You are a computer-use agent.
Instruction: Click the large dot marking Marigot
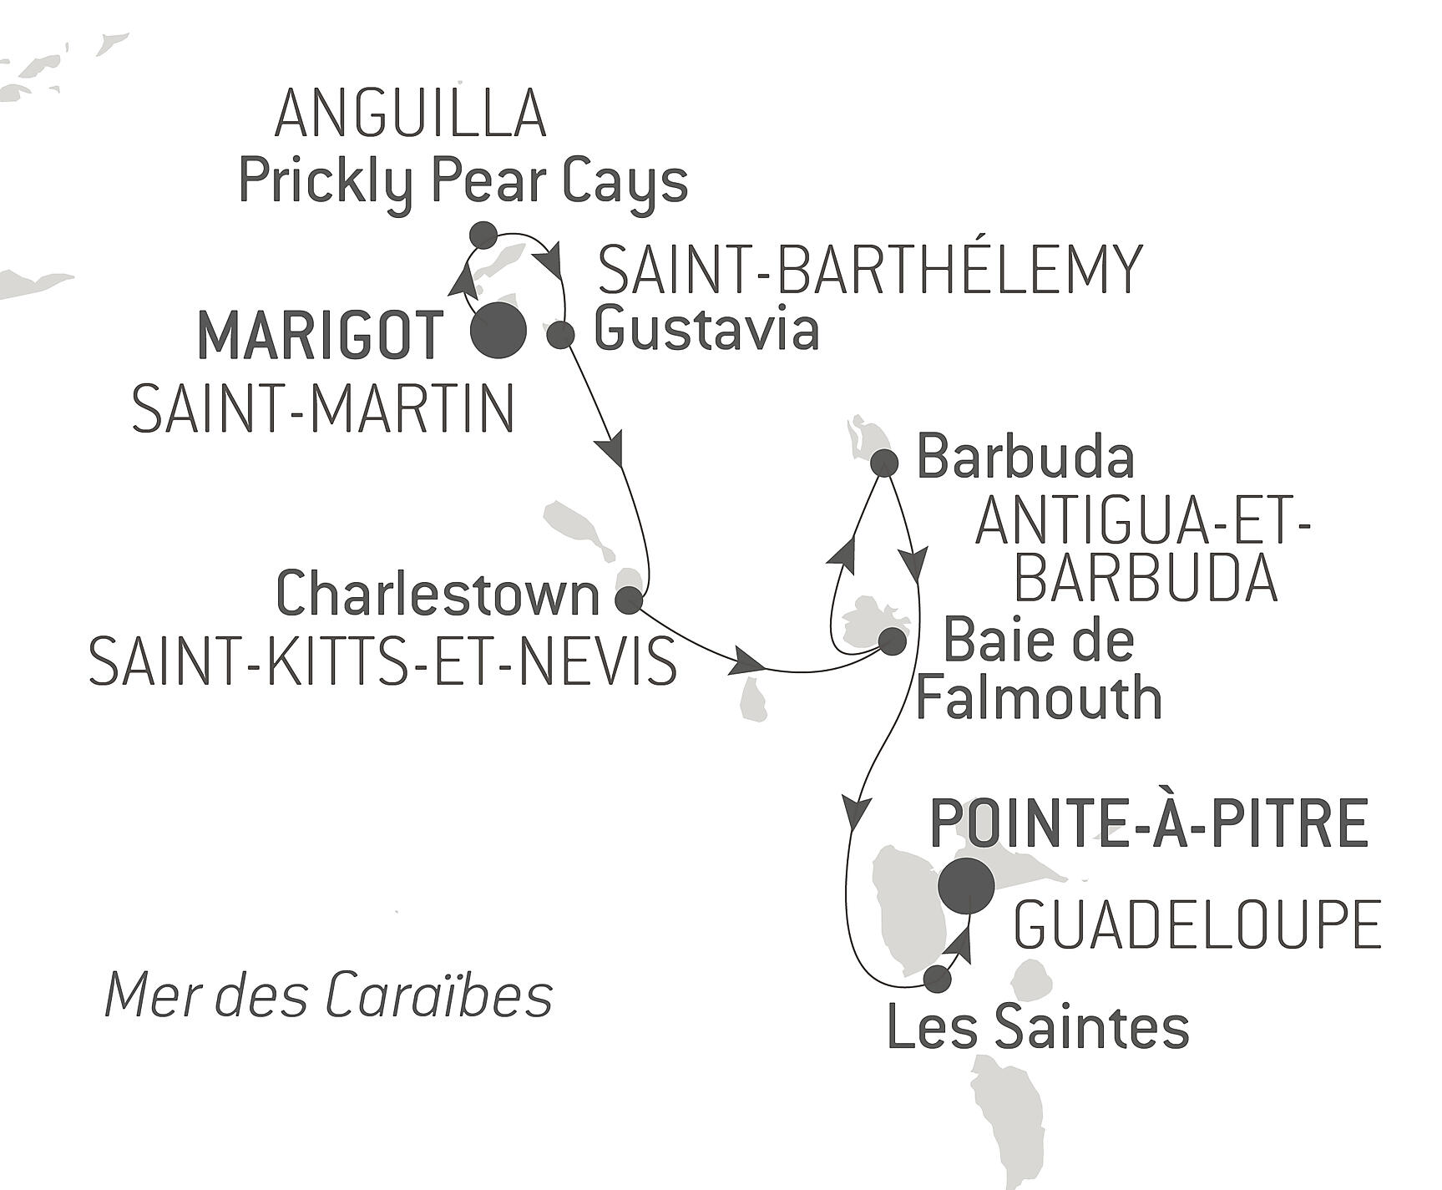tap(498, 332)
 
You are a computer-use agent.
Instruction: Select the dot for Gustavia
tap(561, 334)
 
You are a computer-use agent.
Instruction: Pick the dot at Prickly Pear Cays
tap(483, 235)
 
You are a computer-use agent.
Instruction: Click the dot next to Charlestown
tap(629, 600)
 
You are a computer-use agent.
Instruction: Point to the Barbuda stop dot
tap(884, 462)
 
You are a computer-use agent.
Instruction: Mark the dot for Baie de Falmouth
tap(892, 641)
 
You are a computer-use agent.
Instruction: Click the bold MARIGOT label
tap(320, 335)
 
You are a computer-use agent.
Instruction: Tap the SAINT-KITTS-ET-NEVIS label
tap(383, 661)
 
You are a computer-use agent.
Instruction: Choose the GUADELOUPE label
tap(1197, 925)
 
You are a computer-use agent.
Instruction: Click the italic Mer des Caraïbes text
tap(329, 995)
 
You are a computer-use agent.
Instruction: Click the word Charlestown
tap(438, 595)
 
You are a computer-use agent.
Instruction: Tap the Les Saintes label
tap(1038, 1027)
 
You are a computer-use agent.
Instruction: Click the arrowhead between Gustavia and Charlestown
tap(615, 451)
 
